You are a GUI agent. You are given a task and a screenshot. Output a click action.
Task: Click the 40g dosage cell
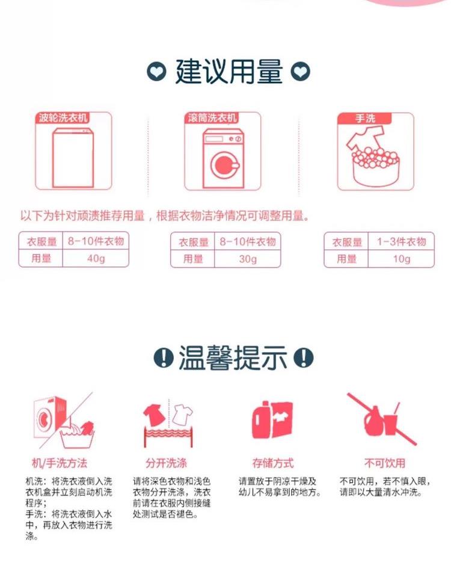[96, 258]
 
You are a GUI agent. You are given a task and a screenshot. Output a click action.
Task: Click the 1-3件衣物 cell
[401, 241]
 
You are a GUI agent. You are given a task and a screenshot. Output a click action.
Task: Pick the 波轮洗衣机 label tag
[63, 117]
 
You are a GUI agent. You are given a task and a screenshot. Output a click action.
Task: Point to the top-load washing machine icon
[73, 158]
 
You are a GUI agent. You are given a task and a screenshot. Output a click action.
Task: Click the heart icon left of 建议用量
[156, 72]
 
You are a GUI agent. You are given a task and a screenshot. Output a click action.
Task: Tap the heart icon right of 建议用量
[300, 72]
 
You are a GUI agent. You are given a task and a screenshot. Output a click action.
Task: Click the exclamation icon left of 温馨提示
[164, 357]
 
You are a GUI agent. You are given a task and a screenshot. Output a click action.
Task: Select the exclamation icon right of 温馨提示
[304, 357]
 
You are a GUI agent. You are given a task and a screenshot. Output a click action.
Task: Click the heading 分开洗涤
[166, 463]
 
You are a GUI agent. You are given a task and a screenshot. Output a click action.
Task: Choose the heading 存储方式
[273, 463]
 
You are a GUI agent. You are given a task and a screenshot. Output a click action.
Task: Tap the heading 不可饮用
[385, 463]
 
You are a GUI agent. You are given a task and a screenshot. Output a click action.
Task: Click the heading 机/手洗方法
[60, 463]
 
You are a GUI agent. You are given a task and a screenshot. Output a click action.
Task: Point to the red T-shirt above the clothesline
[155, 415]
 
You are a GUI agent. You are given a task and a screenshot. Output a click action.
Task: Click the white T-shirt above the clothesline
[182, 415]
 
